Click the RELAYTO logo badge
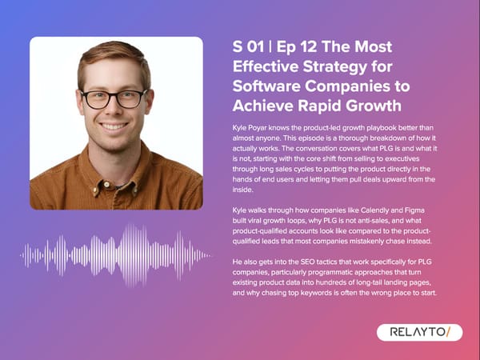point(419,332)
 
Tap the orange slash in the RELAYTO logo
point(450,332)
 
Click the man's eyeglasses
point(114,98)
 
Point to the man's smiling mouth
point(114,126)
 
